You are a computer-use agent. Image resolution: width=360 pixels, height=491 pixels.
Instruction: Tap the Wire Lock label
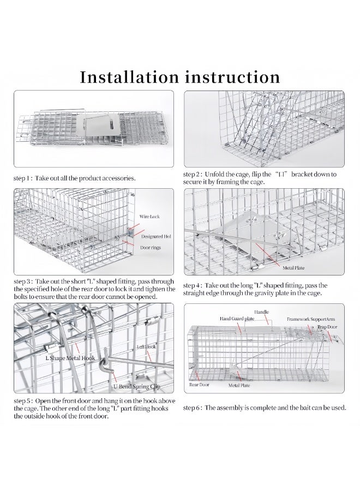149,217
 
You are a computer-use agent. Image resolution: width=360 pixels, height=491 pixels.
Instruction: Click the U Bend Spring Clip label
136,386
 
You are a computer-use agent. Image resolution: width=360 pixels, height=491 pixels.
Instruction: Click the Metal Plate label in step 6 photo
239,386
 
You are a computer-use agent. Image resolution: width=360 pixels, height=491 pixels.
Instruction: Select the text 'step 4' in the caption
193,285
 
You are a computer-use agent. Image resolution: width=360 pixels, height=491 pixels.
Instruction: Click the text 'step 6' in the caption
193,408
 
